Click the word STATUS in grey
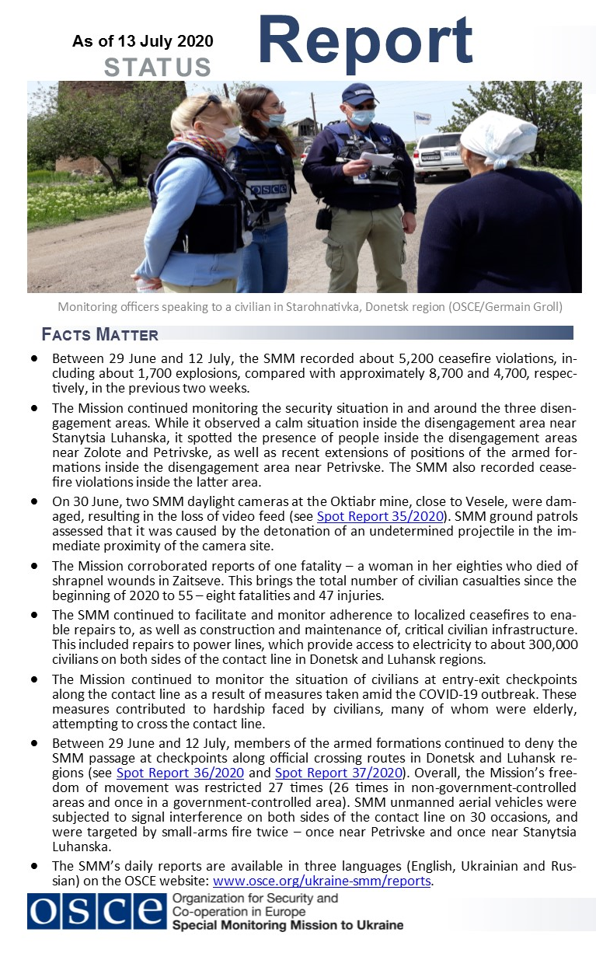tap(158, 67)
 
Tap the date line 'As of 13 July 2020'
tap(143, 41)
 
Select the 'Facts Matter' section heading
tap(100, 335)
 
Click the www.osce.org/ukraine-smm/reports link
tap(322, 881)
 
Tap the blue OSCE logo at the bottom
tap(96, 911)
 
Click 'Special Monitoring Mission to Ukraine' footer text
tap(288, 925)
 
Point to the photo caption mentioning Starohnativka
tap(310, 307)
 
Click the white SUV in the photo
tap(440, 155)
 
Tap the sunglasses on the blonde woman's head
tap(207, 106)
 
